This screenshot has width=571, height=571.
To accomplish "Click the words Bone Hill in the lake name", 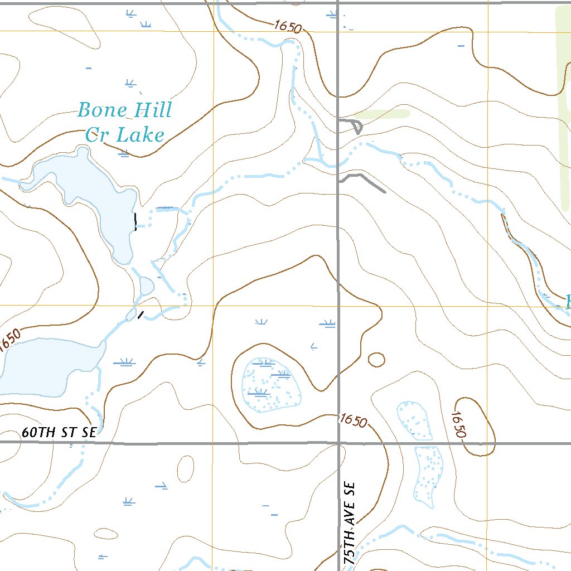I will pyautogui.click(x=124, y=110).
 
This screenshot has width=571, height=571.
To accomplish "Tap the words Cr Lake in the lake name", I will pyautogui.click(x=125, y=135).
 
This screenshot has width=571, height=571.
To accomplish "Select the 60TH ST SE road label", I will pyautogui.click(x=60, y=432).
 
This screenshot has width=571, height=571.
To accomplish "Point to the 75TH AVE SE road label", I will pyautogui.click(x=350, y=524).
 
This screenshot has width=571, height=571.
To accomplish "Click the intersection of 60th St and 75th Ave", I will pyautogui.click(x=338, y=443).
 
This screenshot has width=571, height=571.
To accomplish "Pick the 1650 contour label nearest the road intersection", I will pyautogui.click(x=353, y=420).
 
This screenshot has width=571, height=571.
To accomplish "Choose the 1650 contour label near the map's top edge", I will pyautogui.click(x=288, y=27).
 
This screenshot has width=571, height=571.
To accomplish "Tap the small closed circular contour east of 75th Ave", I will pyautogui.click(x=376, y=360).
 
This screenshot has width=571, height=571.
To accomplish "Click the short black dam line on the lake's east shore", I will pyautogui.click(x=135, y=222).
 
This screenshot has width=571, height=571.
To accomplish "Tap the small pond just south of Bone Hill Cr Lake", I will pyautogui.click(x=147, y=285).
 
